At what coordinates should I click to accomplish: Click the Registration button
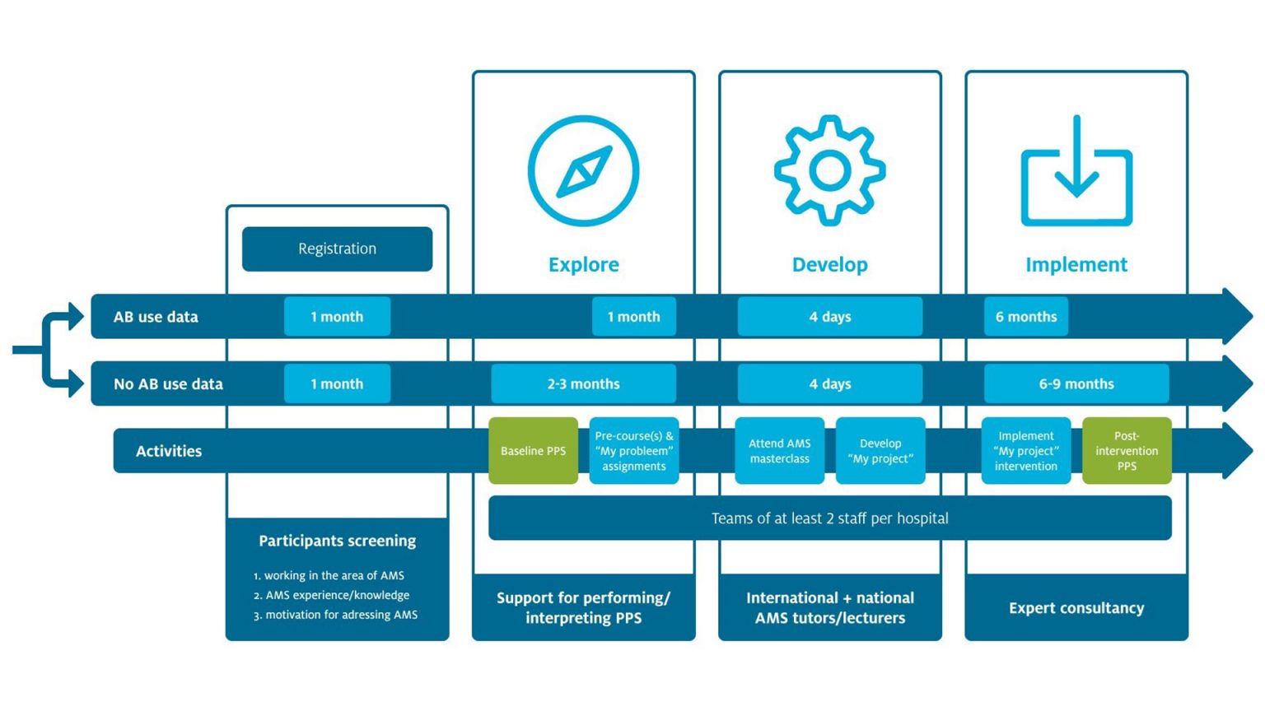[337, 249]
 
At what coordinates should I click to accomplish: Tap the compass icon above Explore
[583, 170]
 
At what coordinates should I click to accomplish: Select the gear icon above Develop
[829, 170]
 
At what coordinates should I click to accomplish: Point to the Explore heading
[583, 264]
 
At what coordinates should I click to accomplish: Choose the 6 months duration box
[1025, 317]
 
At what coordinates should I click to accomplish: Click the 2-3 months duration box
[583, 383]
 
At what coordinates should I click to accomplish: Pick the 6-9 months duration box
[1076, 383]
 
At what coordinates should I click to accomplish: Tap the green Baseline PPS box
[533, 451]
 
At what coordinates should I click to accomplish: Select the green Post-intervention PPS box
[1126, 451]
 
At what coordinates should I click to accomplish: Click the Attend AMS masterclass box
[779, 451]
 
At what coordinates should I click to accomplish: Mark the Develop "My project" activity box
[880, 451]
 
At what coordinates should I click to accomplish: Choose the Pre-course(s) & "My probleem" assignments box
[633, 451]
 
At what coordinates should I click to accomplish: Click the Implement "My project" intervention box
[1025, 451]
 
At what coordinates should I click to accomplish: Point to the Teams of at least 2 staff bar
[829, 518]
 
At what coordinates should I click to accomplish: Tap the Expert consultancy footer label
[1076, 608]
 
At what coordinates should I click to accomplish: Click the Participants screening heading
[337, 541]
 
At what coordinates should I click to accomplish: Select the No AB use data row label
[168, 383]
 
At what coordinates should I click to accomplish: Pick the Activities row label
[169, 451]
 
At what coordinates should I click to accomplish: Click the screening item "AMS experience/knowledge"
[337, 595]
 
